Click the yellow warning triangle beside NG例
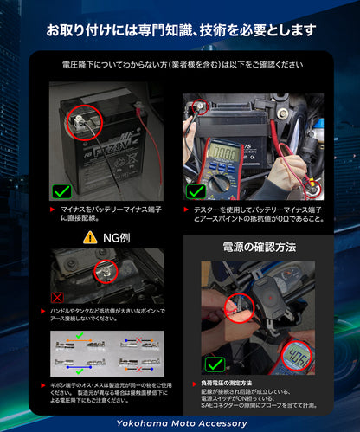[x=89, y=236]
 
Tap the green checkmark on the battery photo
[x=61, y=190]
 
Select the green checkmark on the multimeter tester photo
[x=196, y=190]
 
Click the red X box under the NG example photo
[x=58, y=296]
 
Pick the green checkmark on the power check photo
[x=215, y=364]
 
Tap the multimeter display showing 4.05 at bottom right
[x=299, y=354]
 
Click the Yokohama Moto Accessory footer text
[x=179, y=423]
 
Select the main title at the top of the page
[x=180, y=31]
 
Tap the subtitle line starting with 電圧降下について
[x=180, y=65]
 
